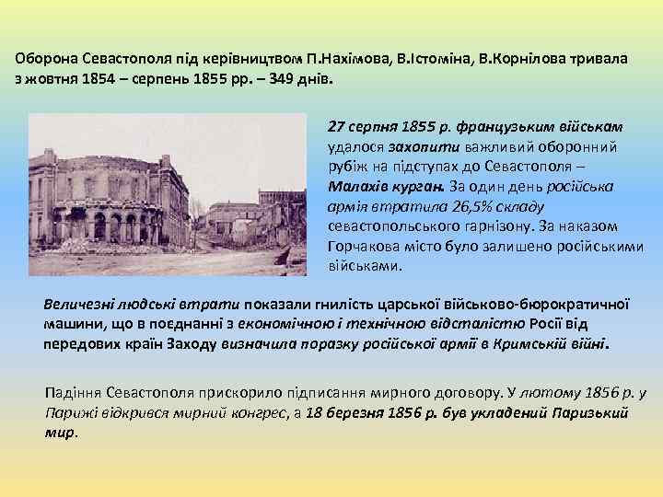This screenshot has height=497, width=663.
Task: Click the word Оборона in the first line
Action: click(43, 57)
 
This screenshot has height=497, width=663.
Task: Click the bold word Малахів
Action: click(357, 185)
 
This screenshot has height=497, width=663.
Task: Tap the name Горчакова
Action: click(363, 246)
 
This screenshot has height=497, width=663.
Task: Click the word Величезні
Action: click(82, 305)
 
